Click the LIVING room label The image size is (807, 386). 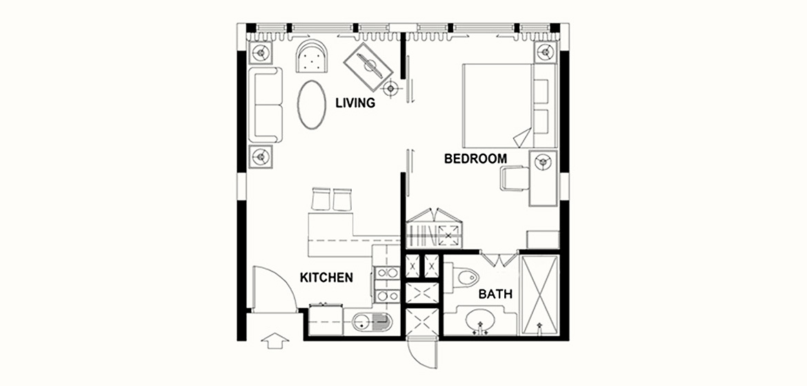[x=355, y=103]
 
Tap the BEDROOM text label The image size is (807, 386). [x=475, y=159]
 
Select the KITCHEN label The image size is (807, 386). [x=326, y=278]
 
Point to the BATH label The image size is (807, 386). [x=495, y=294]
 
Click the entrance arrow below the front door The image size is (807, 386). [x=275, y=341]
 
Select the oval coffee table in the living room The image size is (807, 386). [x=311, y=105]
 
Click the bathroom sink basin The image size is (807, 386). [x=481, y=321]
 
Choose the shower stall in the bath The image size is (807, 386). [x=539, y=296]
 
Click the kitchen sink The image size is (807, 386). [x=372, y=322]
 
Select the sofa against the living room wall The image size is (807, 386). [x=265, y=105]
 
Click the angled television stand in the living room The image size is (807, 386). [x=368, y=68]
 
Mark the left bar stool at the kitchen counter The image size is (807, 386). [x=321, y=199]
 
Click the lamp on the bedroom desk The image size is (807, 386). [x=542, y=163]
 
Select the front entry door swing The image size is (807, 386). [x=275, y=288]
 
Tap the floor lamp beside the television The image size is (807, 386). [x=391, y=88]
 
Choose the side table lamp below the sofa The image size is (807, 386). [x=261, y=156]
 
